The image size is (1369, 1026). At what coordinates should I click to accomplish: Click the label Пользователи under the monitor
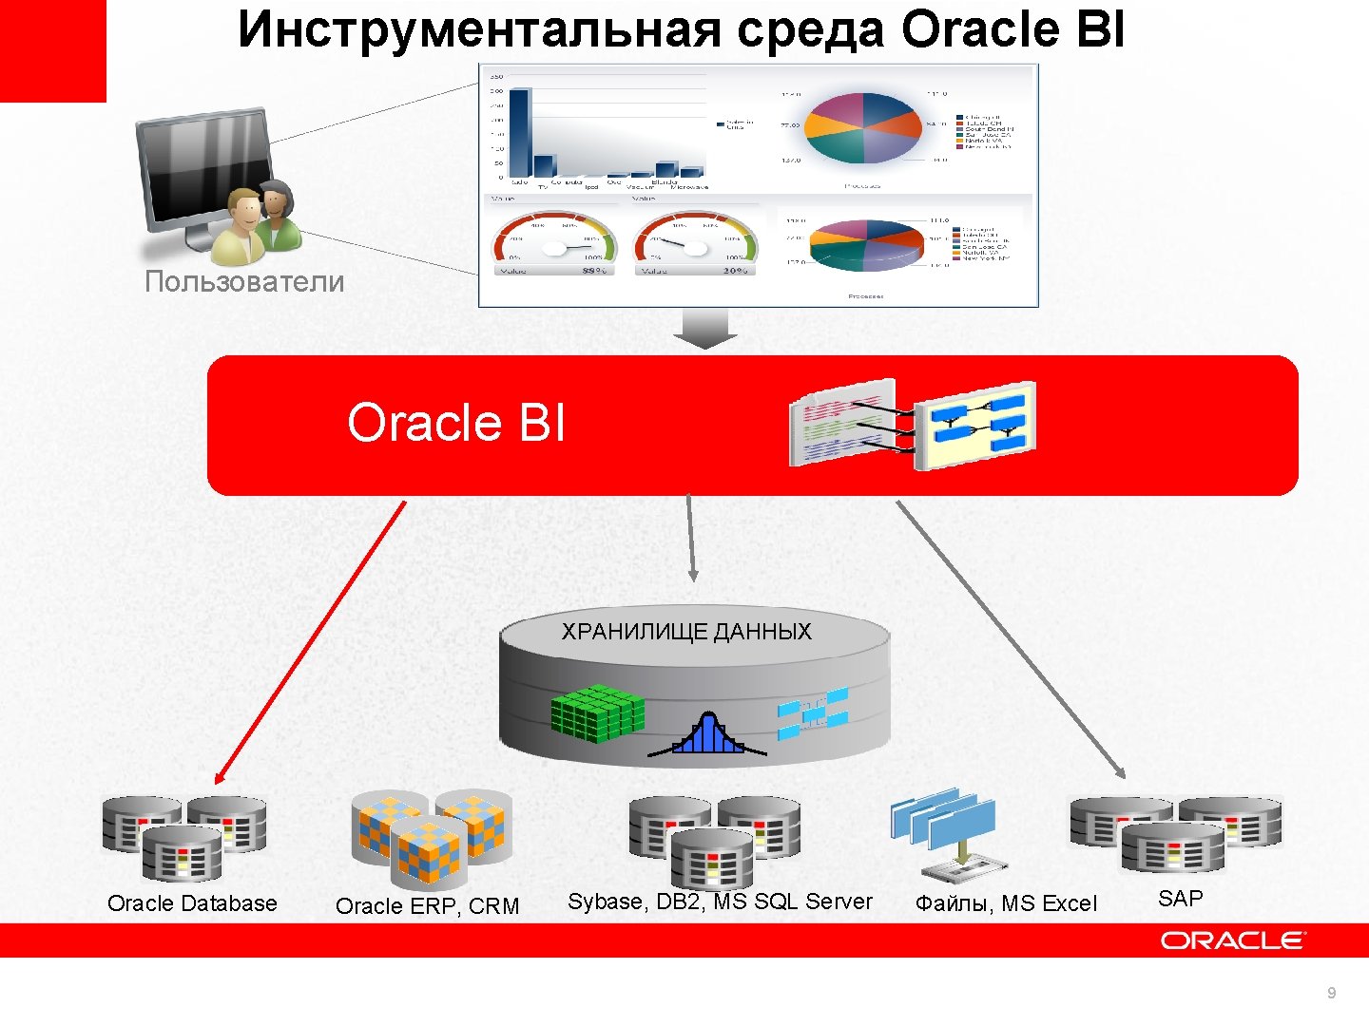point(244,281)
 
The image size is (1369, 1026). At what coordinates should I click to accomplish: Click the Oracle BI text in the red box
point(455,423)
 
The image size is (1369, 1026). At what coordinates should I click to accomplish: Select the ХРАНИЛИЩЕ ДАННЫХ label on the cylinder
point(686,632)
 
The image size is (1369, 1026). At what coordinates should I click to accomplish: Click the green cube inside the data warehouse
point(597,712)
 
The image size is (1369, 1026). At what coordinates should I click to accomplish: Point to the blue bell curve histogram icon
point(707,734)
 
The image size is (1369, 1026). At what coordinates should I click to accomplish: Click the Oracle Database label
point(192,903)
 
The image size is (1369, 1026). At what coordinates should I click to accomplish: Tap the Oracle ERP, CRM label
point(428,906)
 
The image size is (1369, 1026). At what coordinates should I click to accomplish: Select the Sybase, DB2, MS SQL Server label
point(720,902)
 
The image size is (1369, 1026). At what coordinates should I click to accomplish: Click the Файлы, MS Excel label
point(1006,903)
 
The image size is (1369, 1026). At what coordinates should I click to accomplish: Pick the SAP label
point(1181,899)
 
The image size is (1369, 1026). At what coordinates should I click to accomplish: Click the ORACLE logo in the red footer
point(1233,940)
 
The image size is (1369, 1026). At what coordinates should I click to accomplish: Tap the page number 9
point(1331,994)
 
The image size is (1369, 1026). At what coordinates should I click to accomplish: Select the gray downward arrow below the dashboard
point(704,329)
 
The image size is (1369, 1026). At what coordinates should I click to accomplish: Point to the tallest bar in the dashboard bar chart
point(519,133)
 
